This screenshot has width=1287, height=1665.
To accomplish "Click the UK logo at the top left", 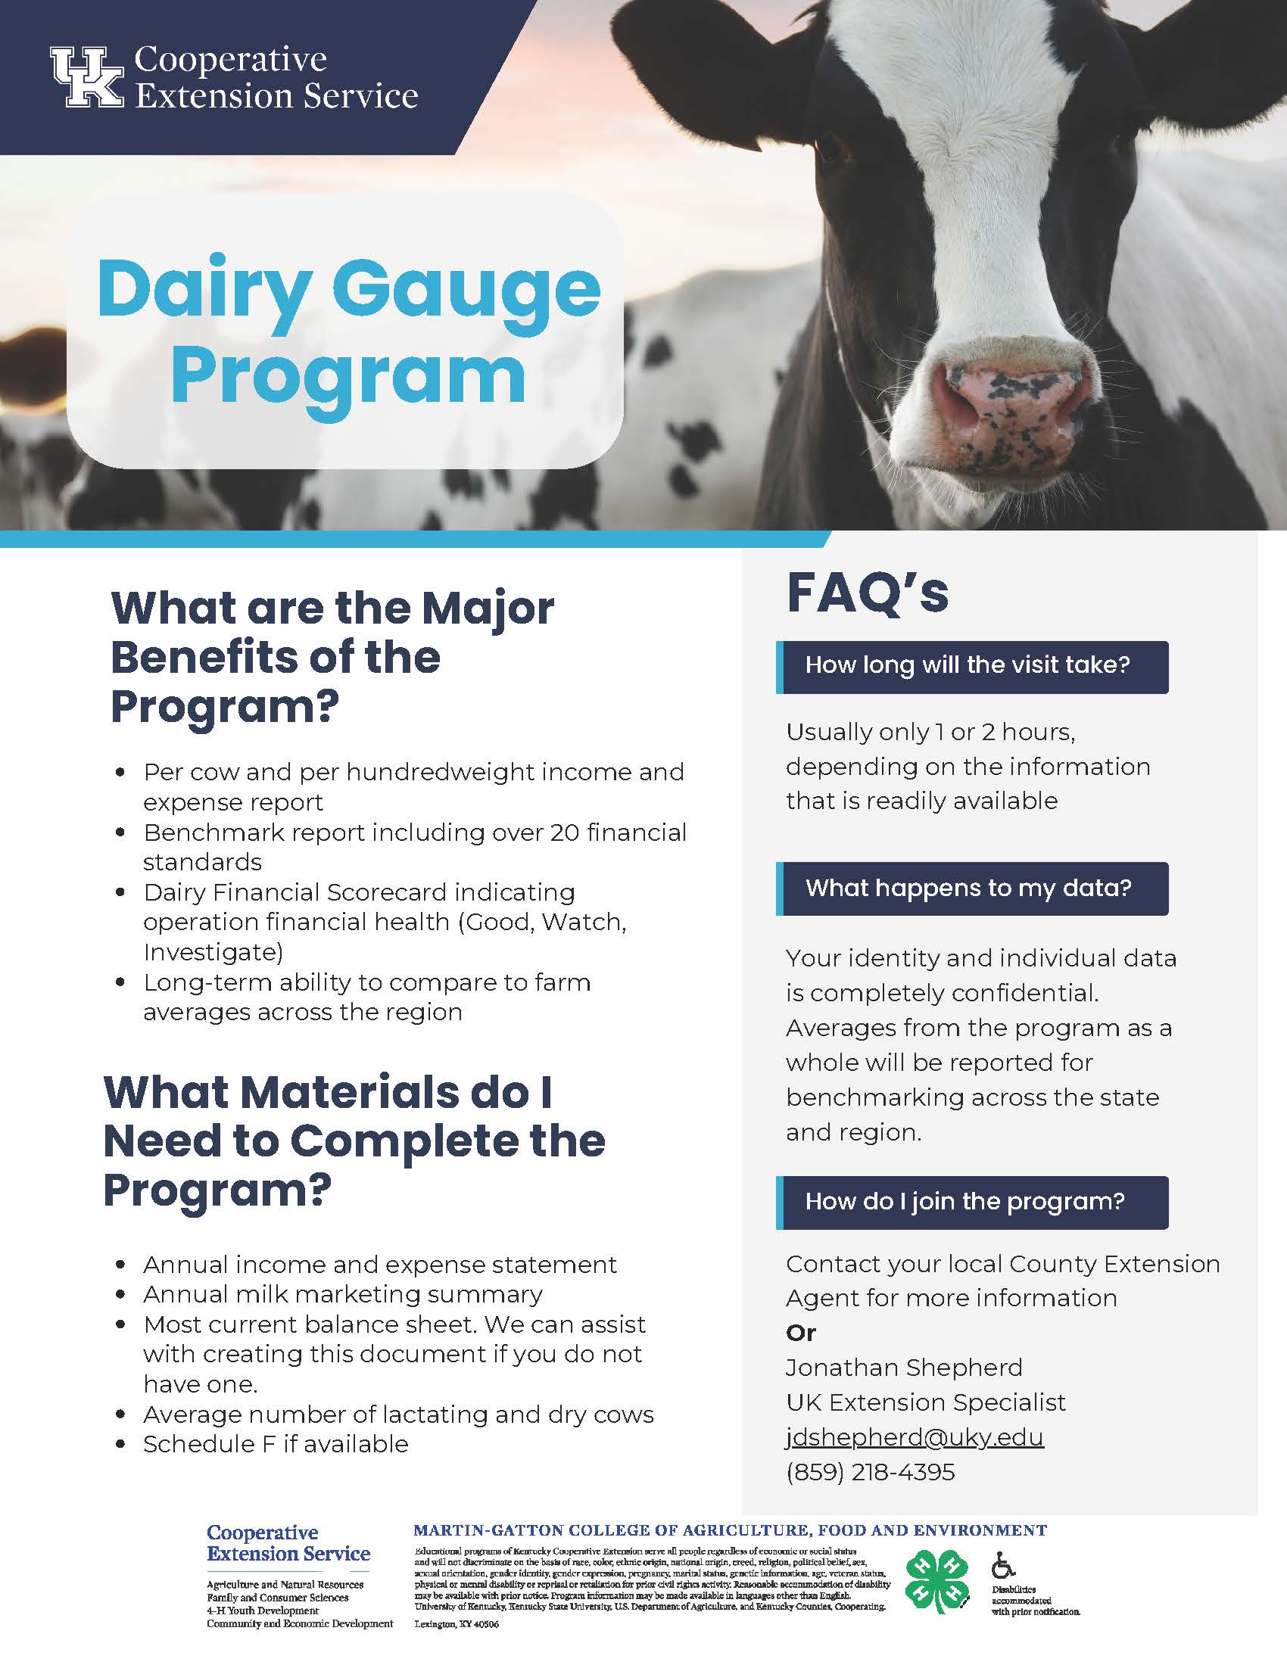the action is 86,76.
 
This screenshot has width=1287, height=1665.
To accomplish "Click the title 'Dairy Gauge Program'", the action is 349,332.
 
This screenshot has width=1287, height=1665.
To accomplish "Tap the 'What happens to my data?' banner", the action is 972,889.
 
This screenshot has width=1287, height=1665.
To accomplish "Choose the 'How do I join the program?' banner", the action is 972,1203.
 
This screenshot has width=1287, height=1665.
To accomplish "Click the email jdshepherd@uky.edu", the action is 915,1438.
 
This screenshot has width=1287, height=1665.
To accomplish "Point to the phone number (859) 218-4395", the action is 870,1472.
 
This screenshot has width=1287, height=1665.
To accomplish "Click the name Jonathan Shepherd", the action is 904,1368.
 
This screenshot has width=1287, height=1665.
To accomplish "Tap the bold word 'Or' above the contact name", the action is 800,1334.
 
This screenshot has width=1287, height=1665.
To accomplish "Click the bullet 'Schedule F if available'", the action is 276,1444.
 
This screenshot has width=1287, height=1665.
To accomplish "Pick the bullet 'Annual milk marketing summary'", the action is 343,1294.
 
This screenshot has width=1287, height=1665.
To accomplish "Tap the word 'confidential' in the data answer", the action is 1024,993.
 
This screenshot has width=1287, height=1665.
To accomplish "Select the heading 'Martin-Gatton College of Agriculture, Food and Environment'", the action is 731,1530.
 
